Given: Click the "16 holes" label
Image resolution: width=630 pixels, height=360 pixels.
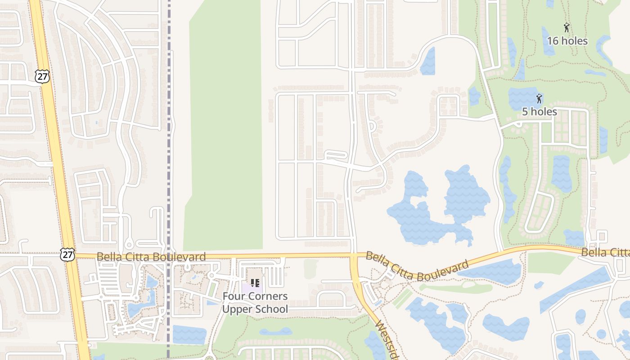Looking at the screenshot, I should [x=567, y=41].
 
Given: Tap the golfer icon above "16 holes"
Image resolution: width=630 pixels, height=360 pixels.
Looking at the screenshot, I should [x=567, y=27].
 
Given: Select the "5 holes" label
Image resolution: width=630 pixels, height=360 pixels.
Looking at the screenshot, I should [x=539, y=112].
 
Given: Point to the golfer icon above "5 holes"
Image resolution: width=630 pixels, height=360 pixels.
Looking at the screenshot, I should [x=539, y=98].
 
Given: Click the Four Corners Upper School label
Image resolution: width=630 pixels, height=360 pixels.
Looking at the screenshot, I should [x=255, y=303].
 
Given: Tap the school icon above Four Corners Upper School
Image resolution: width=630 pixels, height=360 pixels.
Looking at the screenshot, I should [x=255, y=283].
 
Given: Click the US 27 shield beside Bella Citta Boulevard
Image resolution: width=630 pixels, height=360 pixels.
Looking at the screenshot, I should [x=67, y=254].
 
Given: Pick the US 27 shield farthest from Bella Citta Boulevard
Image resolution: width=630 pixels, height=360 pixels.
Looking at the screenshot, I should [x=42, y=76].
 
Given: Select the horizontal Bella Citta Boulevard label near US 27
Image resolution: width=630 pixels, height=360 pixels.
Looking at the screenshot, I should [x=151, y=257].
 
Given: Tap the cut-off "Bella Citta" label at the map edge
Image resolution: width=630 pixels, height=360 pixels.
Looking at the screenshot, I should [x=605, y=252].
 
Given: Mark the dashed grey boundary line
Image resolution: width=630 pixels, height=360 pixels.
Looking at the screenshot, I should [x=169, y=135].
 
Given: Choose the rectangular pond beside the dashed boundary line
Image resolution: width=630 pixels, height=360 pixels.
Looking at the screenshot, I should [x=189, y=335].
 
